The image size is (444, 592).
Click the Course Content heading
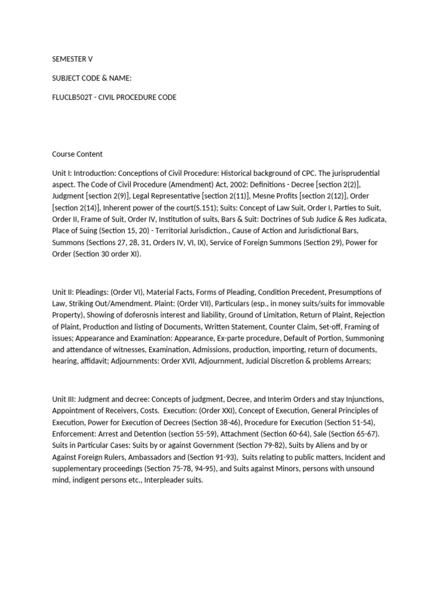pyautogui.click(x=77, y=154)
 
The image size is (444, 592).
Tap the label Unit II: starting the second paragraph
pyautogui.click(x=64, y=292)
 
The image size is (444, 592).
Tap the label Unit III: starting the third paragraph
pyautogui.click(x=65, y=399)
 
